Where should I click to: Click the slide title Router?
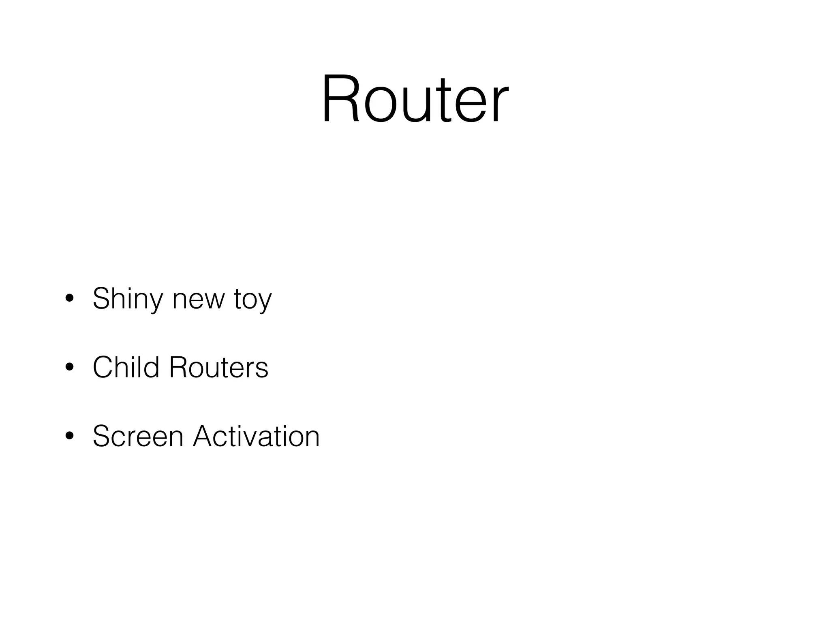coord(415,98)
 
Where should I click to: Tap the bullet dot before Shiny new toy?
coord(69,298)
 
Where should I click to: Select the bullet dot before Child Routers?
coord(69,367)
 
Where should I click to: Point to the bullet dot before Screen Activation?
coord(69,436)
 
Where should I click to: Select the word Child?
coord(126,367)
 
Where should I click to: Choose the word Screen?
coord(138,436)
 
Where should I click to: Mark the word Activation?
coord(256,436)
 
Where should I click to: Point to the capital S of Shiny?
coord(101,298)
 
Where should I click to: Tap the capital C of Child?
coord(102,367)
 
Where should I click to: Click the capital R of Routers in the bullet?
coord(178,367)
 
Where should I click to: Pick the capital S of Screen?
coord(101,436)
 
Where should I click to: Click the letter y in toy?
coord(265,303)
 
